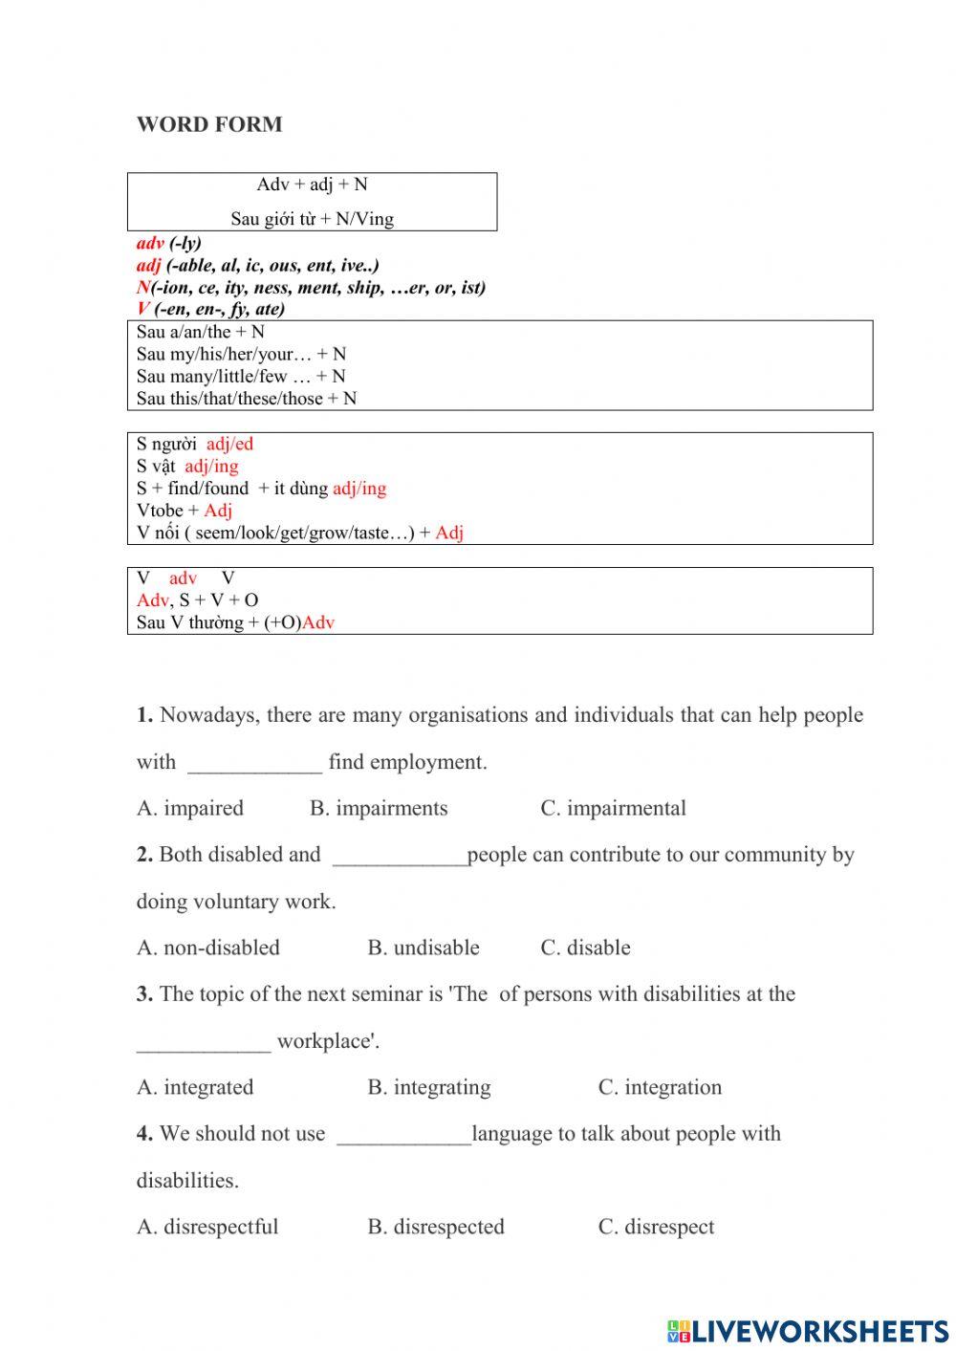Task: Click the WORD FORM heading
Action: (x=209, y=124)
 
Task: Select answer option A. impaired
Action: (x=190, y=808)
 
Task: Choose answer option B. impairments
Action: (x=379, y=808)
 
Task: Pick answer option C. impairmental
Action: (x=613, y=808)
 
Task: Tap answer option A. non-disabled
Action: (x=208, y=948)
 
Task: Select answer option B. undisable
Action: (x=424, y=948)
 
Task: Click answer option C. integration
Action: (x=660, y=1087)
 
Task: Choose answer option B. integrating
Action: (x=429, y=1087)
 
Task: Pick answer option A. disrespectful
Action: (x=207, y=1227)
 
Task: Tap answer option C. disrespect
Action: (x=656, y=1227)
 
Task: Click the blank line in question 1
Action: (x=254, y=765)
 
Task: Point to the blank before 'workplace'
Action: (x=204, y=1044)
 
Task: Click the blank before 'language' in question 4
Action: (x=403, y=1137)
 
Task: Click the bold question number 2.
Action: (x=144, y=855)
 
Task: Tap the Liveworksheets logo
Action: (x=807, y=1330)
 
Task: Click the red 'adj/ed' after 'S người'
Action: (x=229, y=444)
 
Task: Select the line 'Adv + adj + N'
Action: (x=312, y=185)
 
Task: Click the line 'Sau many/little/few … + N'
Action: (x=241, y=377)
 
